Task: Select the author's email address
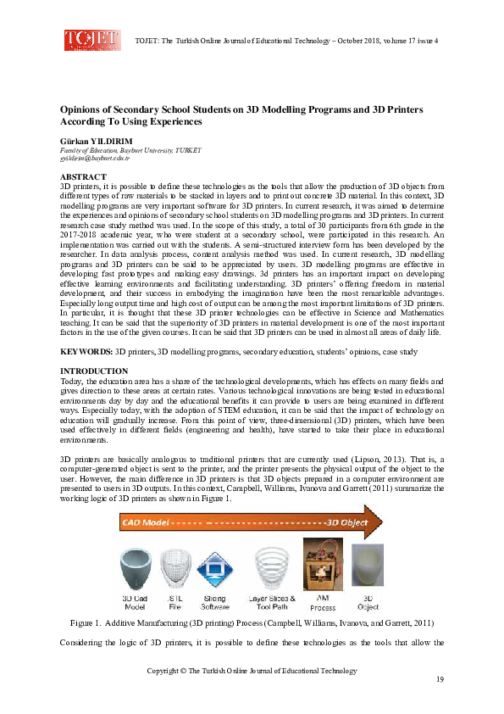tap(94, 159)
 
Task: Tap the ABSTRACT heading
tap(83, 176)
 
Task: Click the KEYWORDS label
tap(86, 350)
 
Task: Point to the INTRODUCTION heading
tap(94, 371)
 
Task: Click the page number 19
tap(440, 680)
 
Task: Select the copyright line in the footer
tap(252, 670)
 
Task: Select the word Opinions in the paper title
tap(82, 110)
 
